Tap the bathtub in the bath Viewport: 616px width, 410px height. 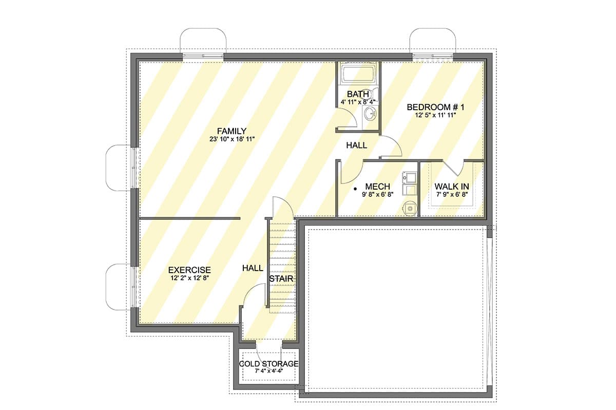358,75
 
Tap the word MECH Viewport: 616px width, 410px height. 377,187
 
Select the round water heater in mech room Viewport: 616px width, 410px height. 409,208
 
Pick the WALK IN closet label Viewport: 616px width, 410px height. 452,187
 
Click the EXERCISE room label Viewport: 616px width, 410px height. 189,270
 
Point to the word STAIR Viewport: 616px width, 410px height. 282,279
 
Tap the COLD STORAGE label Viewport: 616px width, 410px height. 268,364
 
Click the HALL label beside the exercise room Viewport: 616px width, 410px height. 253,268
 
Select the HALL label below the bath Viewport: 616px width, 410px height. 356,146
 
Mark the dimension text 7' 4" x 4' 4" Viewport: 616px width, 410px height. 268,371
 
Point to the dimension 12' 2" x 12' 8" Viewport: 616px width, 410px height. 189,278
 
